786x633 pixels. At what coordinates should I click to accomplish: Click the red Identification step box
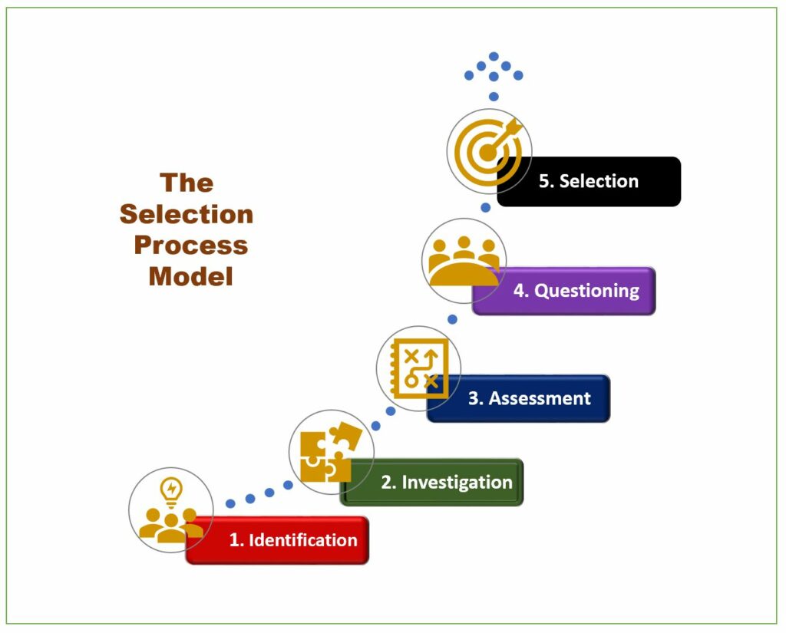277,540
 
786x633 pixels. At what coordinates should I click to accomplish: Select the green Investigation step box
431,482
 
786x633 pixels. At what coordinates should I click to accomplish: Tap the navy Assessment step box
518,398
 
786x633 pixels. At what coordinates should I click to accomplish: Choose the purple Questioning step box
564,291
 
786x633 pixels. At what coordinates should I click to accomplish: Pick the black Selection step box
589,181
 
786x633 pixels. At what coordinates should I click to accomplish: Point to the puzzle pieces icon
332,452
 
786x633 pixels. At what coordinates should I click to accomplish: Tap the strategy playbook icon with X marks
419,368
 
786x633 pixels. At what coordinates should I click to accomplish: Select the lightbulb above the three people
171,492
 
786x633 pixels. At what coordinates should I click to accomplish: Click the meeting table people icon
464,261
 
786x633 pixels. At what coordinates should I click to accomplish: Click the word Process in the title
191,245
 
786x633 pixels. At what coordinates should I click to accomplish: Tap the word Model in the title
191,276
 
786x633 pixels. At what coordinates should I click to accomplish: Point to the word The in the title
187,183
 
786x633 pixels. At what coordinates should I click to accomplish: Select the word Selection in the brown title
187,214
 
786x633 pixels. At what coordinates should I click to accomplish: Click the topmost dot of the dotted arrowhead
494,56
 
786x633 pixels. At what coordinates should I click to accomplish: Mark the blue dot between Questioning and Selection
485,207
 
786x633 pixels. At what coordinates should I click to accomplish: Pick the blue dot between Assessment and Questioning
452,319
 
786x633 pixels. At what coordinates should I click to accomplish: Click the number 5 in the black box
544,181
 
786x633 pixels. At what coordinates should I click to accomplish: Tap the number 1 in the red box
233,540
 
